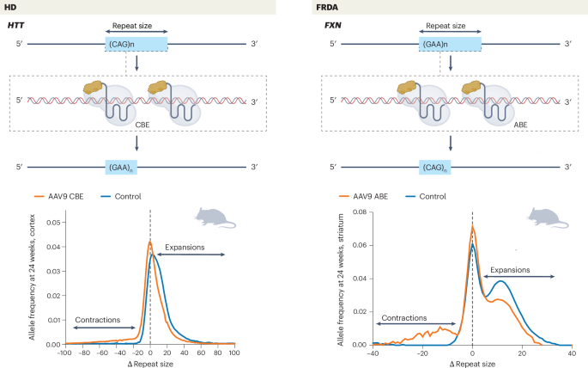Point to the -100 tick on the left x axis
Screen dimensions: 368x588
tap(64, 353)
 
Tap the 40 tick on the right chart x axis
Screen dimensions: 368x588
tap(571, 353)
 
